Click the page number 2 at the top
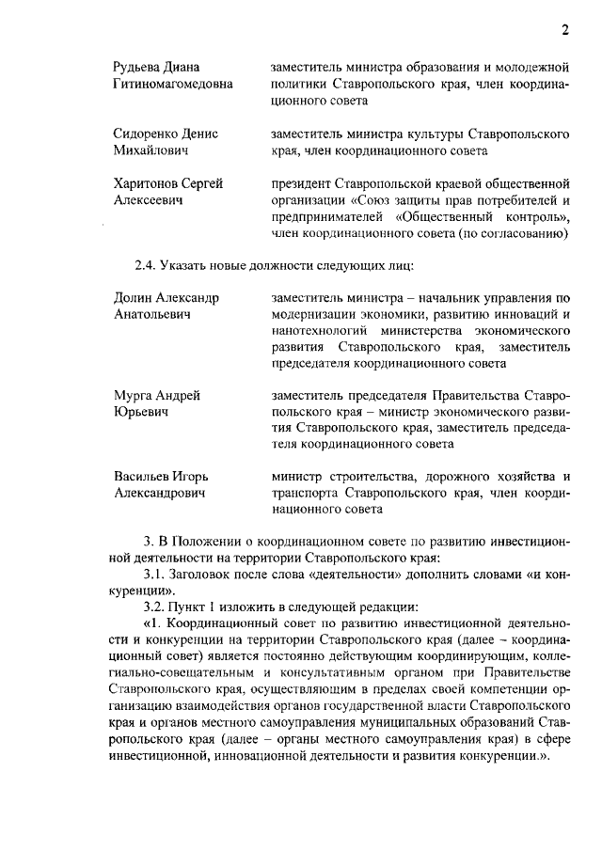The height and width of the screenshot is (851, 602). point(565,29)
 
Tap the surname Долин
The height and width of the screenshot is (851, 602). point(133,297)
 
